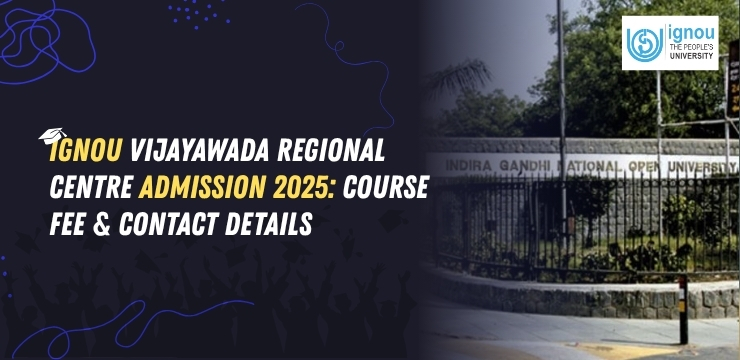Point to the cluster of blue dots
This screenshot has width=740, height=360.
pyautogui.click(x=196, y=13)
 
